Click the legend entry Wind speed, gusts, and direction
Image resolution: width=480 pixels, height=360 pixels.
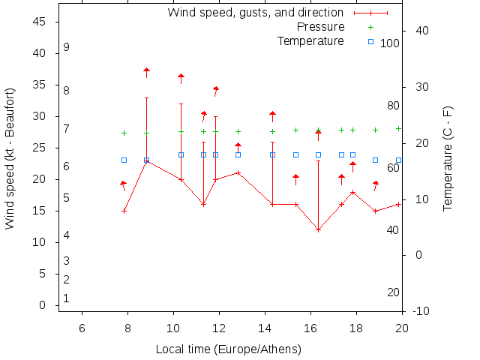tap(255, 13)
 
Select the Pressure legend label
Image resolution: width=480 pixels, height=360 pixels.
tap(320, 27)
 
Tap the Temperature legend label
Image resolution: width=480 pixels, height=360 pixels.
tap(310, 40)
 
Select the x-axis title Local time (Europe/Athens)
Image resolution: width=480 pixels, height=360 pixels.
tap(228, 349)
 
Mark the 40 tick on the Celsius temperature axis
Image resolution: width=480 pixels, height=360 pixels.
tap(421, 31)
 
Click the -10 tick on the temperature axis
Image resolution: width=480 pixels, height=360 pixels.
tap(421, 311)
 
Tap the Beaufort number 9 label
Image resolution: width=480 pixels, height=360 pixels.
tap(67, 47)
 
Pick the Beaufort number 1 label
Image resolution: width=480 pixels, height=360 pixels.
tap(67, 298)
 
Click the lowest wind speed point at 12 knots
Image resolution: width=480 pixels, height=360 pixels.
tap(318, 229)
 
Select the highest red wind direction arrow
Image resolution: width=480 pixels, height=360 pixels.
tap(147, 71)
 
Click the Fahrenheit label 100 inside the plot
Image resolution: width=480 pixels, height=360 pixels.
tap(390, 43)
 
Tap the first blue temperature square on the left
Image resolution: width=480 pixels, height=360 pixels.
tap(124, 160)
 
